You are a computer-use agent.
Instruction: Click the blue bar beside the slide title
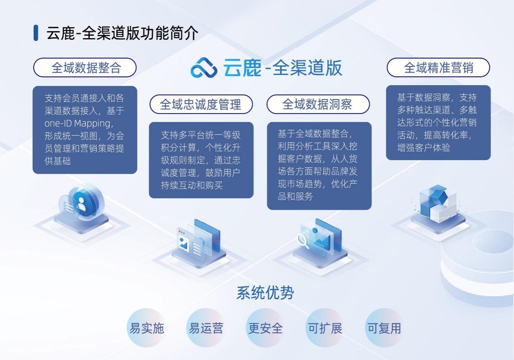36,33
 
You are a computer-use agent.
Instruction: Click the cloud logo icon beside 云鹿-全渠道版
204,68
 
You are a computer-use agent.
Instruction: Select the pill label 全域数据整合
85,68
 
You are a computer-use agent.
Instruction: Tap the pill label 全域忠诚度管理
201,104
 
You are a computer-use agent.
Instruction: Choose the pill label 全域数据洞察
318,104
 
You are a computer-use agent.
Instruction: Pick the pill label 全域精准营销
438,68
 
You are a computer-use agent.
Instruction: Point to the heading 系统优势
265,293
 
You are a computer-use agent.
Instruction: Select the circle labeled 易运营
206,328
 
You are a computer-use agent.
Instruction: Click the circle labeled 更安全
266,328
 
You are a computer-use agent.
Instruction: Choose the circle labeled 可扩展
325,328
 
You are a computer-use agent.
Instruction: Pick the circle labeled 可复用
384,328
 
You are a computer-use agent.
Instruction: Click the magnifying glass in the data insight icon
303,241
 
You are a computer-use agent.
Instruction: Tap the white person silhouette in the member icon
81,204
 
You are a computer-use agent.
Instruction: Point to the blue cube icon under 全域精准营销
438,204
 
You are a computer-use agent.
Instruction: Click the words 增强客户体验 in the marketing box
424,148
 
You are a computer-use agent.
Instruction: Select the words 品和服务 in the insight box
295,197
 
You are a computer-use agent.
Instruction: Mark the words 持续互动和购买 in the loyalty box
192,185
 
